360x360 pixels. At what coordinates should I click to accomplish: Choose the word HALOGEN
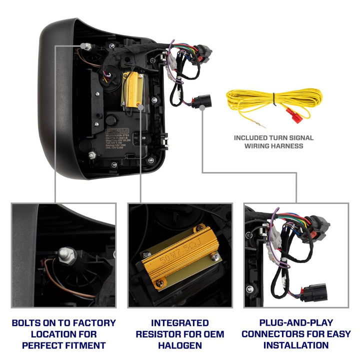click(x=180, y=345)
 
